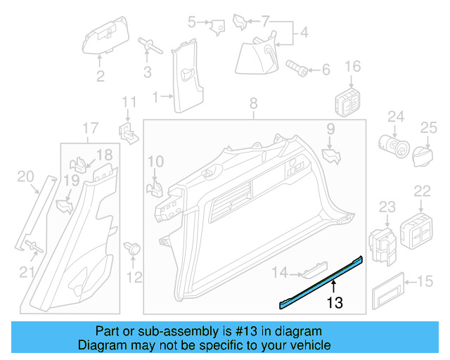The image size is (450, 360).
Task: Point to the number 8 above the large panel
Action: [x=254, y=105]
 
